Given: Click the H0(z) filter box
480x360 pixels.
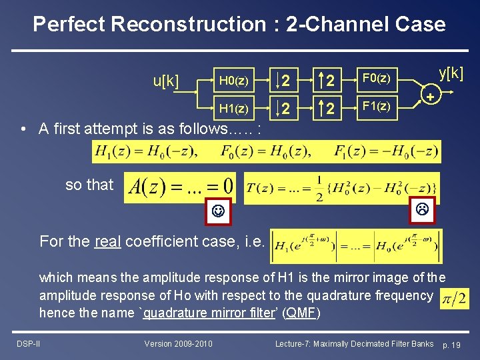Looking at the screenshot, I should [x=235, y=81].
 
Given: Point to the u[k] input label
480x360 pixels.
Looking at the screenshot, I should [x=166, y=82].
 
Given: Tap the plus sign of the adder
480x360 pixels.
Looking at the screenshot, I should [x=431, y=97].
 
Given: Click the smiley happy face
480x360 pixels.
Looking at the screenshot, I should [x=217, y=213].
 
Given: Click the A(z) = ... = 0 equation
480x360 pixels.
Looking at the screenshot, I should [x=181, y=185].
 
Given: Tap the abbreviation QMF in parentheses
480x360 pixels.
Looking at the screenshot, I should [x=303, y=313].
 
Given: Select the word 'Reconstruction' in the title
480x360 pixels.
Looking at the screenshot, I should [x=189, y=25].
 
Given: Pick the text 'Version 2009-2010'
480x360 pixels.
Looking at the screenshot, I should [x=179, y=343].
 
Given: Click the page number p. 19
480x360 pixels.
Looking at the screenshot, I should [x=457, y=344].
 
